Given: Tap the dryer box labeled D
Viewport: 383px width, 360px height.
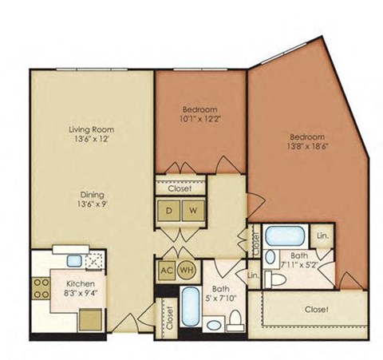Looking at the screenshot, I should click(169, 211).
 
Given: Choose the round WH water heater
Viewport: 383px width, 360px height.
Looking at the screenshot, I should click(187, 269).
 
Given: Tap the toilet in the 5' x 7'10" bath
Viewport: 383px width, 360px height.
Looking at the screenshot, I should click(233, 318).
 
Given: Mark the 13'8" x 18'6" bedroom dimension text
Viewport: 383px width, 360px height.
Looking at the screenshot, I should click(307, 146).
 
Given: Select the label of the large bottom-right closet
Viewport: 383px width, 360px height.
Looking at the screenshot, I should click(318, 307).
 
